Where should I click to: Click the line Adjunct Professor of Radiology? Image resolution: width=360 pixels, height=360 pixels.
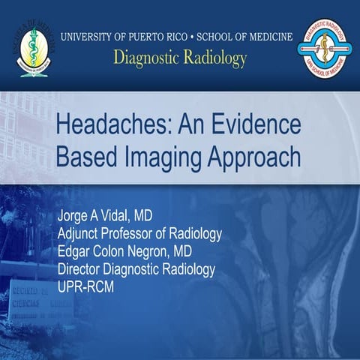(139, 235)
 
